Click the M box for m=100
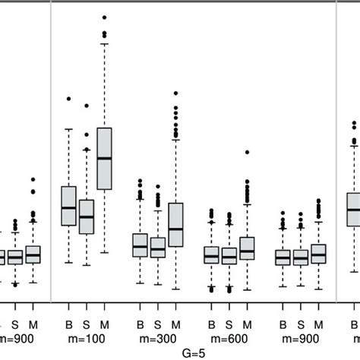point(104,159)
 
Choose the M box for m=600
point(247,248)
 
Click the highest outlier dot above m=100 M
point(104,17)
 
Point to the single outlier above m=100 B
point(68,99)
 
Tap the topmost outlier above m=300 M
point(175,93)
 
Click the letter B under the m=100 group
point(68,325)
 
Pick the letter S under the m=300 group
point(158,325)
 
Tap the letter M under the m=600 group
point(247,325)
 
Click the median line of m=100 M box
point(104,158)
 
